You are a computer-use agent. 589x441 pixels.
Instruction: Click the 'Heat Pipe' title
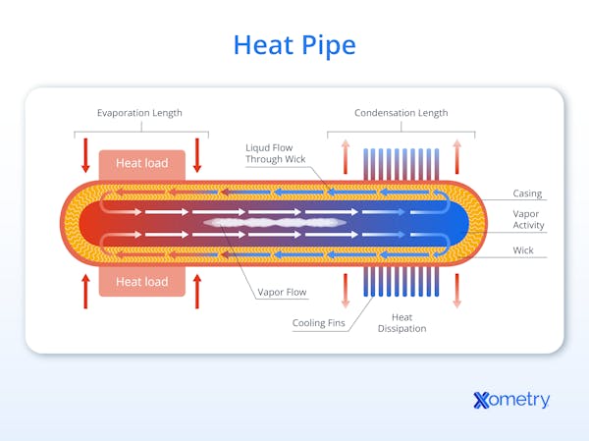(x=294, y=44)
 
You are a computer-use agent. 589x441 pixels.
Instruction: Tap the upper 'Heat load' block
(x=141, y=163)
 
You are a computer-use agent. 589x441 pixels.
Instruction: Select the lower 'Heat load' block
(x=141, y=282)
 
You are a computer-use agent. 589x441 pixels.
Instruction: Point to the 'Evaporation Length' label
(x=139, y=113)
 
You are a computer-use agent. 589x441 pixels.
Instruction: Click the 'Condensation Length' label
(x=401, y=113)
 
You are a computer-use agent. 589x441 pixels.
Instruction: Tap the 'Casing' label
(x=527, y=193)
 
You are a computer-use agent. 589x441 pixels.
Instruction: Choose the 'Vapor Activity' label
(x=528, y=219)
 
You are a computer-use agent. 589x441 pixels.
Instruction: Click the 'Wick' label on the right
(x=523, y=250)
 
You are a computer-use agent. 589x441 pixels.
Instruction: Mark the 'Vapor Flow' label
(x=282, y=292)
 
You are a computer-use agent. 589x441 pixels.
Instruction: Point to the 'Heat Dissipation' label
(x=402, y=322)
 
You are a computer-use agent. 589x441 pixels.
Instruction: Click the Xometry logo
(x=510, y=400)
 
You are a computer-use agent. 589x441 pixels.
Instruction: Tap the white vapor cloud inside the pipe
(x=275, y=223)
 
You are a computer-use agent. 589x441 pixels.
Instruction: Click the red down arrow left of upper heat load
(x=85, y=154)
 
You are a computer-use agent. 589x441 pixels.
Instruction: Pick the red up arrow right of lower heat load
(x=197, y=291)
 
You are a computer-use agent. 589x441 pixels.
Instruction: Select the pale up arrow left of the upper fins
(x=345, y=155)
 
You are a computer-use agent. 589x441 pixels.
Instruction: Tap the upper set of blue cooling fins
(x=401, y=162)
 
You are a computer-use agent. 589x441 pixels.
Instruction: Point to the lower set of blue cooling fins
(x=401, y=282)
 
